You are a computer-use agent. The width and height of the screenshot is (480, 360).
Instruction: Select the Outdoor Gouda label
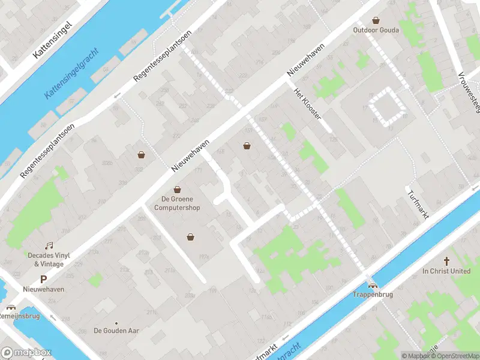[x=376, y=30]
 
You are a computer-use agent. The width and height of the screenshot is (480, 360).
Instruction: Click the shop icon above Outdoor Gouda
[x=376, y=20]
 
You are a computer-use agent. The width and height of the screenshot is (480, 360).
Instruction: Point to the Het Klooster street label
[x=308, y=103]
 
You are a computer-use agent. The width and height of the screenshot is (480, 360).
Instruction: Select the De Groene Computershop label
[x=177, y=203]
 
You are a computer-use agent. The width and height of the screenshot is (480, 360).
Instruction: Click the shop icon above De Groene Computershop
[x=177, y=190]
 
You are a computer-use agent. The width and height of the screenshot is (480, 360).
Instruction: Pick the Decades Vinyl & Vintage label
[x=49, y=259]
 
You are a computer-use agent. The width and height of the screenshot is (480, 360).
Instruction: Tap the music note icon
[x=49, y=245]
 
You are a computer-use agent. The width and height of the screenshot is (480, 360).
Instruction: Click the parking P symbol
[x=43, y=279]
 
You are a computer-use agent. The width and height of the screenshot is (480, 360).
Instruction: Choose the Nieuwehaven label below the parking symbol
[x=43, y=289]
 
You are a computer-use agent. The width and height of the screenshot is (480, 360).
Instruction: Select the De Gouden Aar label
[x=116, y=331]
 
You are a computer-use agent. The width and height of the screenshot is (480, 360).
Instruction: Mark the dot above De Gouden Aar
[x=116, y=322]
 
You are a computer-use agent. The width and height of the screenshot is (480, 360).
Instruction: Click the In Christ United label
[x=446, y=271]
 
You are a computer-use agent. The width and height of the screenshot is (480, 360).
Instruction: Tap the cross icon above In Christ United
[x=446, y=261]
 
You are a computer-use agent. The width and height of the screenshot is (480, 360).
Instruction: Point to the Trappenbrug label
[x=372, y=295]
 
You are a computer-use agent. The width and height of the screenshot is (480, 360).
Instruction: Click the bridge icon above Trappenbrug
[x=373, y=286]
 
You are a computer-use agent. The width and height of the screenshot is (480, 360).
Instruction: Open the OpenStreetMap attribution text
[x=455, y=356]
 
